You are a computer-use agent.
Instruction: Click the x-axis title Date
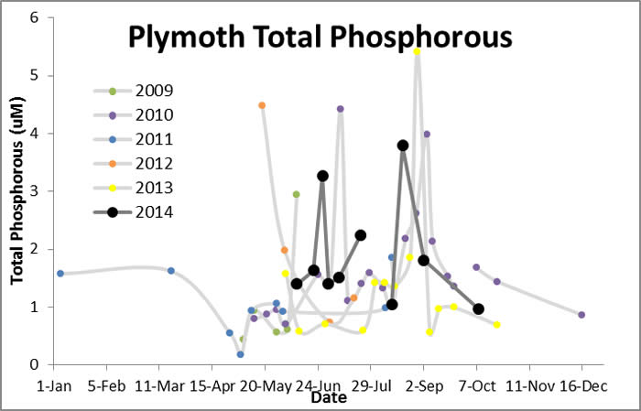point(320,398)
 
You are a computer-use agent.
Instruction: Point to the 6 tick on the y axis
point(34,18)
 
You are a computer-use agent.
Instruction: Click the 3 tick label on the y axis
point(34,191)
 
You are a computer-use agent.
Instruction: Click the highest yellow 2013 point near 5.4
point(417,51)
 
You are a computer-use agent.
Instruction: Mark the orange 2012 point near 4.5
point(262,105)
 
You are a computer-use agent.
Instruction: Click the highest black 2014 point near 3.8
point(403,146)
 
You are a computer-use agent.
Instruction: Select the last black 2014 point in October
point(478,309)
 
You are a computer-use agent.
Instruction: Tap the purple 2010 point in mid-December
point(581,315)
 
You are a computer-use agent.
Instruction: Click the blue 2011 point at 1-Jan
point(60,273)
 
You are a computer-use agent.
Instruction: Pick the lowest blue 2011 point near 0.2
point(240,354)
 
